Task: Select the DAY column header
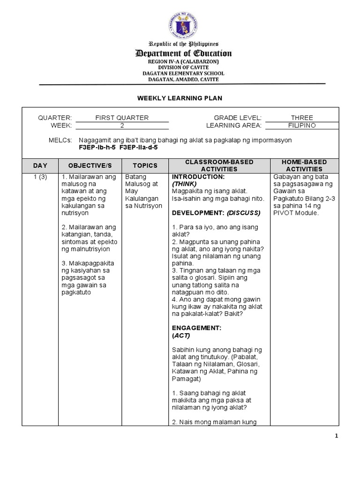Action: coord(40,165)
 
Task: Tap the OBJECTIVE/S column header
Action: coord(90,165)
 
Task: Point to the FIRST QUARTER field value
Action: coord(122,118)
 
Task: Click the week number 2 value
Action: coord(122,126)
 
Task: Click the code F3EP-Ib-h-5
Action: coord(98,147)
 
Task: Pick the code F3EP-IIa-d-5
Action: coord(139,147)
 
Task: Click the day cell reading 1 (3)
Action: coord(40,177)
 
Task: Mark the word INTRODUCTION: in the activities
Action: coord(192,177)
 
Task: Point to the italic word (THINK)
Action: coord(184,184)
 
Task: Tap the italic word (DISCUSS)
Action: coord(244,213)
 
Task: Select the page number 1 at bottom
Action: coord(336,436)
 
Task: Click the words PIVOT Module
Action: coord(295,213)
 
